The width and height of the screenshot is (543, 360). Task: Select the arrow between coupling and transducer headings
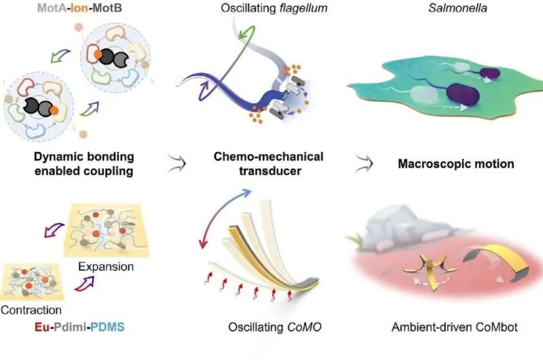(176, 163)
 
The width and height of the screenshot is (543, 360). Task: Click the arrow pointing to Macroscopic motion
(362, 163)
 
